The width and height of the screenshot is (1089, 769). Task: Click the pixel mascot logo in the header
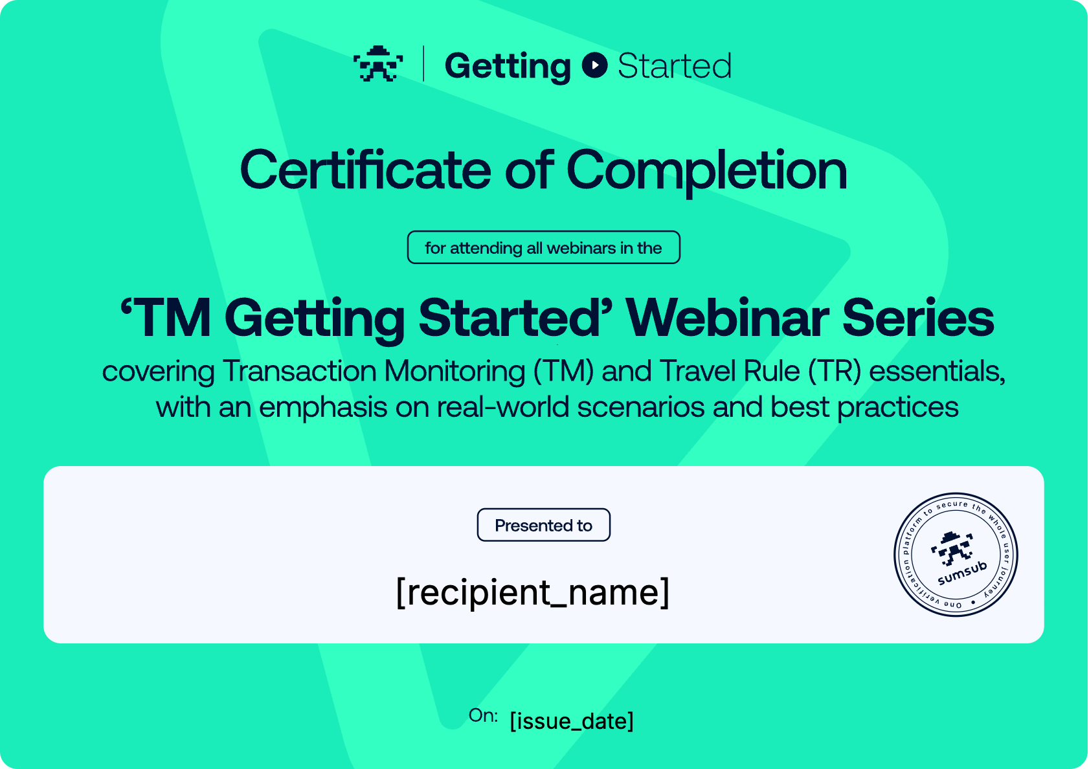377,63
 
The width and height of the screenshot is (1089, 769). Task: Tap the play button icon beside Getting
594,65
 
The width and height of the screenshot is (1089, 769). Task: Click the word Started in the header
674,65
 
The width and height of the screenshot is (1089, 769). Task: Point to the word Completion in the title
707,171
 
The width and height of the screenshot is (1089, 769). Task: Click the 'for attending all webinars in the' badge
543,247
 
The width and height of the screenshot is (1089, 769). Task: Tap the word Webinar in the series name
727,318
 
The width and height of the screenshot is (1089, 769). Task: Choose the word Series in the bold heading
918,318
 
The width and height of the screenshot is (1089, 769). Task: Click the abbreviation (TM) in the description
563,372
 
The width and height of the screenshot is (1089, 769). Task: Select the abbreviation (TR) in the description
835,372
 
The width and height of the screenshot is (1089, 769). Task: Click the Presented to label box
543,524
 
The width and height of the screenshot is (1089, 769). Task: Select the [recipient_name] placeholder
533,592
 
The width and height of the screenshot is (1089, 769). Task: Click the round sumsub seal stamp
956,555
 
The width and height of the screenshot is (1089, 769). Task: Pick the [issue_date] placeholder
572,720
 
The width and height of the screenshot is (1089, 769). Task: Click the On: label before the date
483,715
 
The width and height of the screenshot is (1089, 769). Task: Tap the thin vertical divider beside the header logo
424,63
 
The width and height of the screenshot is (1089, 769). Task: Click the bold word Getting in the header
508,67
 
